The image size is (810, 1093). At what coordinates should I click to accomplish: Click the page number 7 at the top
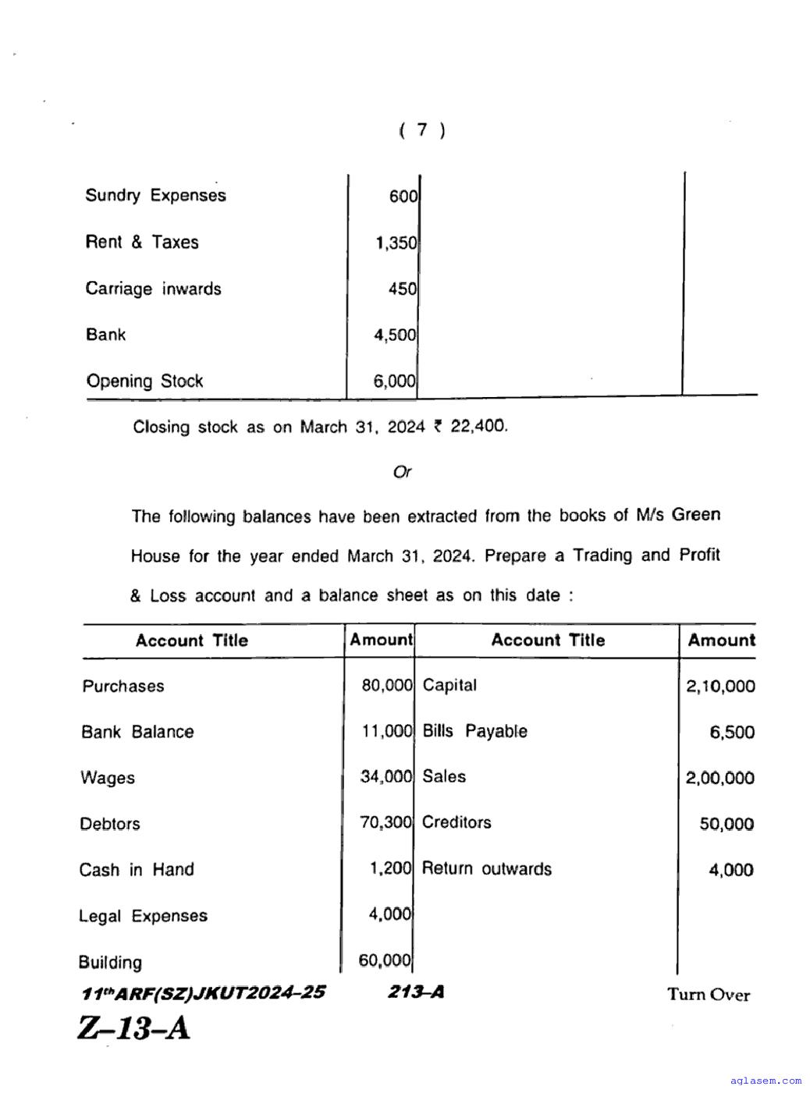pyautogui.click(x=422, y=130)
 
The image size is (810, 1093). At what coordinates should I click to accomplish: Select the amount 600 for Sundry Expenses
pyautogui.click(x=403, y=197)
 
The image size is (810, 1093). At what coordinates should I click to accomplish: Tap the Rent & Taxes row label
pyautogui.click(x=142, y=243)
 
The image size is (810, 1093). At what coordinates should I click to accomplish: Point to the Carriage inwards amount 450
pyautogui.click(x=403, y=289)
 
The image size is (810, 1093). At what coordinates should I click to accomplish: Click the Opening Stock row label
pyautogui.click(x=144, y=381)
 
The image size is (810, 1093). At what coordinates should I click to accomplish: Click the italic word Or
pyautogui.click(x=403, y=473)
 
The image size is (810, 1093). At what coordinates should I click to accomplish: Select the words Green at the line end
pyautogui.click(x=696, y=515)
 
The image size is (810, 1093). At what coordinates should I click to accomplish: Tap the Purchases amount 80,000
pyautogui.click(x=386, y=687)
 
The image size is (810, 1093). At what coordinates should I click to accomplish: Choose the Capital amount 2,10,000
pyautogui.click(x=720, y=687)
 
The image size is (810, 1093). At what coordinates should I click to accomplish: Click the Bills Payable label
pyautogui.click(x=474, y=732)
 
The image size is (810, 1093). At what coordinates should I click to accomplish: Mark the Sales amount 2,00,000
pyautogui.click(x=719, y=778)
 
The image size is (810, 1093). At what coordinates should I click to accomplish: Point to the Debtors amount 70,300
pyautogui.click(x=385, y=823)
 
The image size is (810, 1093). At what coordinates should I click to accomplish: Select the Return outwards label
pyautogui.click(x=486, y=869)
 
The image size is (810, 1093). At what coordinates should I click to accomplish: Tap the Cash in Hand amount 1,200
pyautogui.click(x=390, y=868)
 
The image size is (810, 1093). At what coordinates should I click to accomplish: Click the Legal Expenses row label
pyautogui.click(x=143, y=916)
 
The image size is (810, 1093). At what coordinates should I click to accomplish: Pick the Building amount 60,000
pyautogui.click(x=385, y=961)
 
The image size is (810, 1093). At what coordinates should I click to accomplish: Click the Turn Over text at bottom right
pyautogui.click(x=708, y=995)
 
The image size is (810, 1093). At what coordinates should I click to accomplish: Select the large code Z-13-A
pyautogui.click(x=133, y=1028)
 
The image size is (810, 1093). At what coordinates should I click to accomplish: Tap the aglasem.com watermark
pyautogui.click(x=766, y=1081)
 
